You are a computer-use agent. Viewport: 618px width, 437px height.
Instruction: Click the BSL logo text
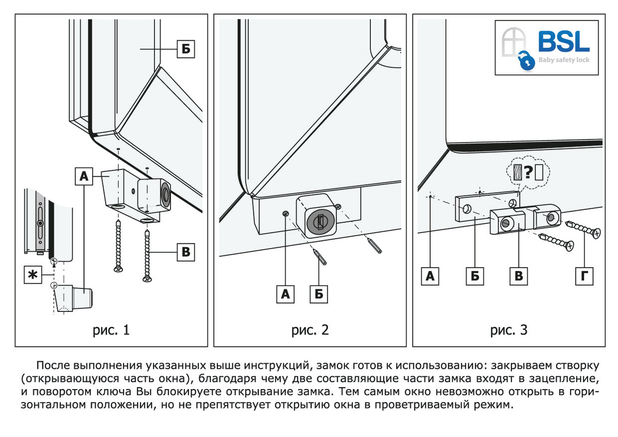pos(564,42)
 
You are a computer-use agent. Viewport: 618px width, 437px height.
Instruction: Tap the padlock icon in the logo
pos(526,61)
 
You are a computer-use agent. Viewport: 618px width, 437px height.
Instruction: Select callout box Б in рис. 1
pos(186,49)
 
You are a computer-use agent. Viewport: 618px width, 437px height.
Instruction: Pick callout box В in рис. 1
pos(186,253)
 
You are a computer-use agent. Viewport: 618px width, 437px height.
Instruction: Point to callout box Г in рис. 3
pos(583,276)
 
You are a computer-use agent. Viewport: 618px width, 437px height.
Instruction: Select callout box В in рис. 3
pos(519,276)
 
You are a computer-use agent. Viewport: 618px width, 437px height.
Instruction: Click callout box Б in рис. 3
pos(475,276)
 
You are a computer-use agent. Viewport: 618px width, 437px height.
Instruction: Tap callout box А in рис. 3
pos(431,276)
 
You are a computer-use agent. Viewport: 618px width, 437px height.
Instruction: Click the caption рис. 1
pos(111,330)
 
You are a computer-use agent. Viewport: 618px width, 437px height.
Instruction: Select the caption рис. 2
pos(310,330)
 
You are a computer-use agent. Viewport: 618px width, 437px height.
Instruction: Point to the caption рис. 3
pos(508,330)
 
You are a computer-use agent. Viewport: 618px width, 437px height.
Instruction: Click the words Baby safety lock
pos(564,60)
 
